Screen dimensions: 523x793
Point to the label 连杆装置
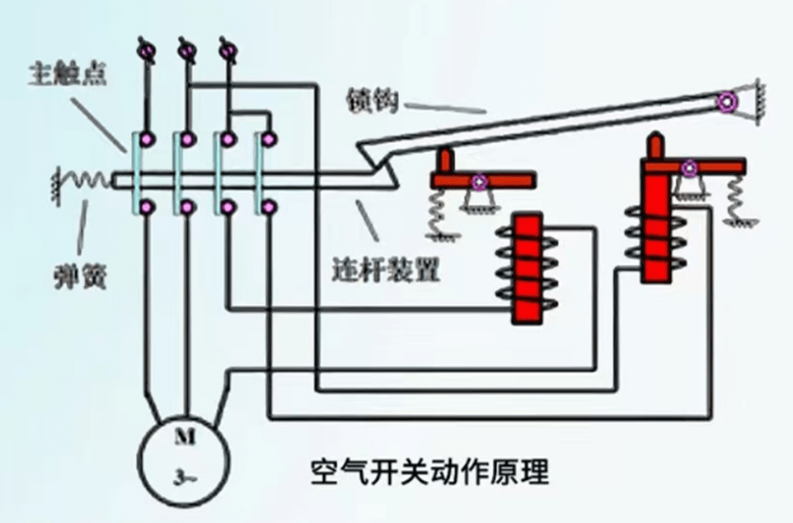(x=386, y=272)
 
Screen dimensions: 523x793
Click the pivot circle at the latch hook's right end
(x=729, y=103)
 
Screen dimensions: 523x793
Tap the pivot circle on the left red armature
(x=477, y=181)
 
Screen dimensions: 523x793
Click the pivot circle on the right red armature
(x=688, y=168)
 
